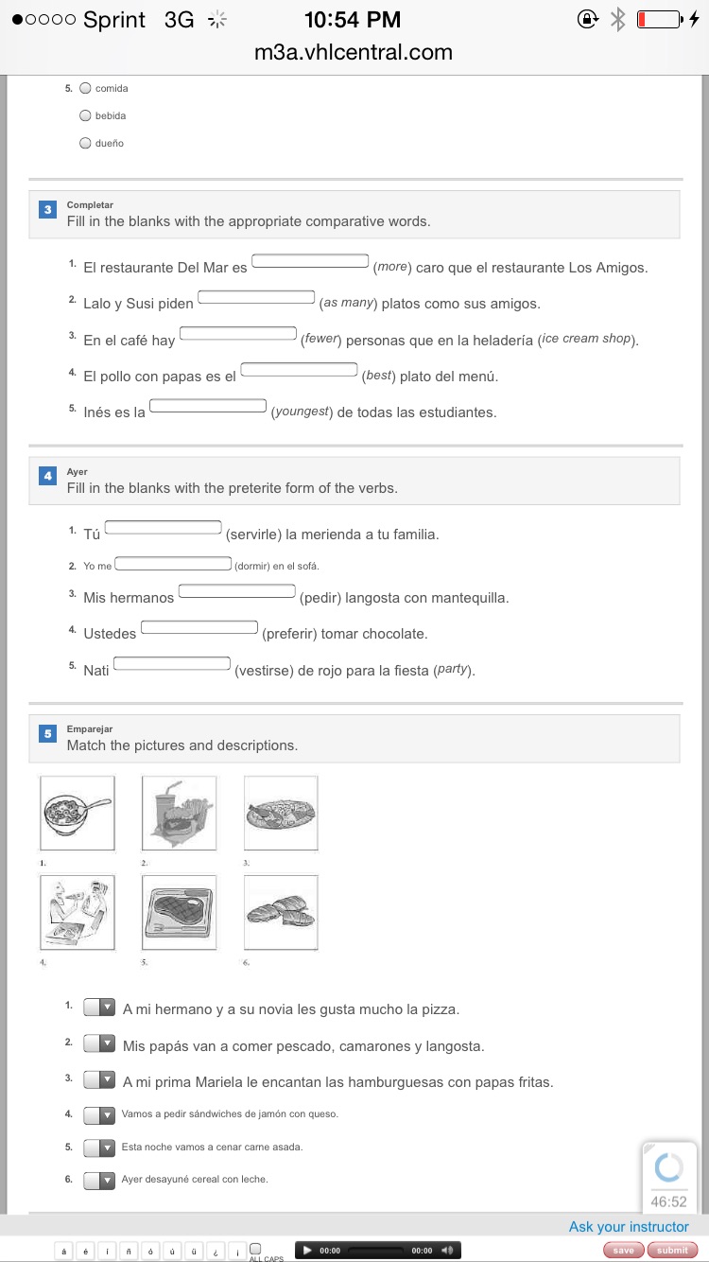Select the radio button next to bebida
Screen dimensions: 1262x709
[86, 115]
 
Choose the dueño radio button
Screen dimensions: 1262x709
[86, 143]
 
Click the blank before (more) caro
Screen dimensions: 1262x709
[310, 261]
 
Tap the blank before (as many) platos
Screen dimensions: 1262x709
[256, 297]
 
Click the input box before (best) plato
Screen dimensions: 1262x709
[299, 370]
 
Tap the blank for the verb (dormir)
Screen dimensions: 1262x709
[173, 565]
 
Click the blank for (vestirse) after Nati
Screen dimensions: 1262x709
[172, 663]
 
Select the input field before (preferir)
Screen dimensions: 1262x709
[199, 627]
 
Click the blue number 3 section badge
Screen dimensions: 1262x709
[48, 209]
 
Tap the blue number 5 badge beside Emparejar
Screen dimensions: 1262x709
[48, 733]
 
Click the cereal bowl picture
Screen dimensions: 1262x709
[78, 813]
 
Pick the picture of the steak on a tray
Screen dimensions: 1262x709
[179, 912]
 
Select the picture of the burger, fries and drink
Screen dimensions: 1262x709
[179, 813]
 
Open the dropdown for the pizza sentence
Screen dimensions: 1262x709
[99, 1008]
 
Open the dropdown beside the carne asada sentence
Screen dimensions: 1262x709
[99, 1147]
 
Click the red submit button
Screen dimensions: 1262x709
[672, 1250]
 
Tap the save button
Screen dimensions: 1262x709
[623, 1250]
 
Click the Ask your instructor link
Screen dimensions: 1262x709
[629, 1227]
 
